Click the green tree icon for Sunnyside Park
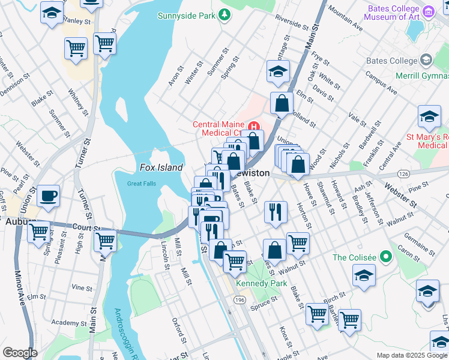[x=224, y=14]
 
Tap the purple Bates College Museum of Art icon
[x=429, y=11]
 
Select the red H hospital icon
[x=255, y=126]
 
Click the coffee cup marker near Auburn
[x=48, y=195]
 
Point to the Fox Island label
[x=161, y=168]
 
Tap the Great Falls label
[x=142, y=184]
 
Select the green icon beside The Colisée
[x=386, y=257]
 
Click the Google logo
[x=20, y=353]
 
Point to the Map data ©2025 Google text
[x=411, y=355]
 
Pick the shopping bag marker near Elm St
[x=282, y=104]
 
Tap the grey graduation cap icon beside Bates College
[x=426, y=60]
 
